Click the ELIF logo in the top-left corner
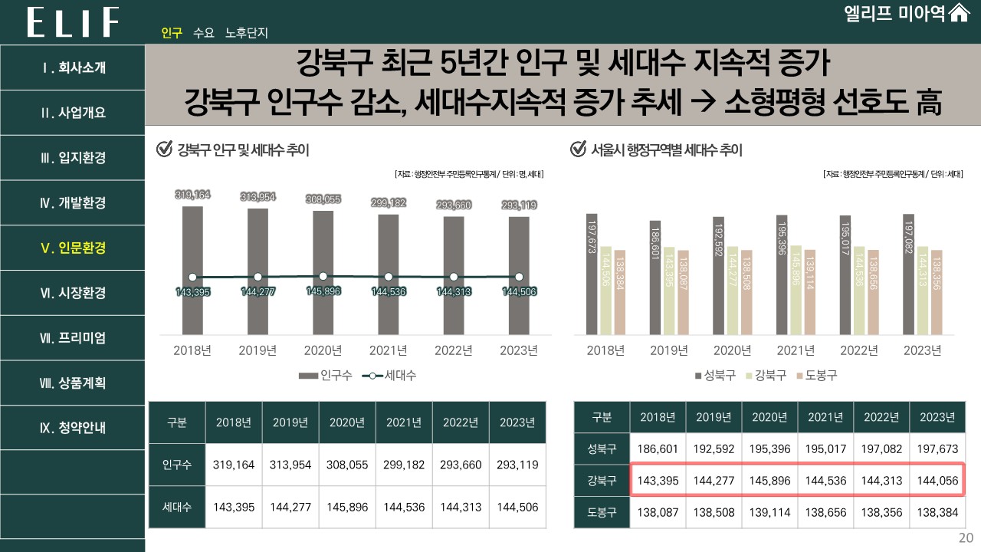[x=74, y=22]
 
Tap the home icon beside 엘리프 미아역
[x=960, y=14]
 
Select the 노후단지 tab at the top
[x=246, y=34]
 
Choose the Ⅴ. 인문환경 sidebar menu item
[x=73, y=248]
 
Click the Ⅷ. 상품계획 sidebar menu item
[x=73, y=383]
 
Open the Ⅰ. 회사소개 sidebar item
[x=73, y=67]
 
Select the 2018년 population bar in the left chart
[x=192, y=268]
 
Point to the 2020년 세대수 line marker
[x=323, y=276]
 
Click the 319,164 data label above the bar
[x=192, y=195]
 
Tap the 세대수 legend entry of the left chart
[x=394, y=376]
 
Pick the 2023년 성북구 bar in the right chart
[x=908, y=274]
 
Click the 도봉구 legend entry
[x=817, y=376]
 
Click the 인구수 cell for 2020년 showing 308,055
[x=347, y=465]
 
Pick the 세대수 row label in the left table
[x=177, y=507]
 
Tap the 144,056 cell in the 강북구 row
[x=937, y=481]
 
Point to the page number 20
[x=966, y=538]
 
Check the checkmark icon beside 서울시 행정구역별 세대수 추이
[x=579, y=149]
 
